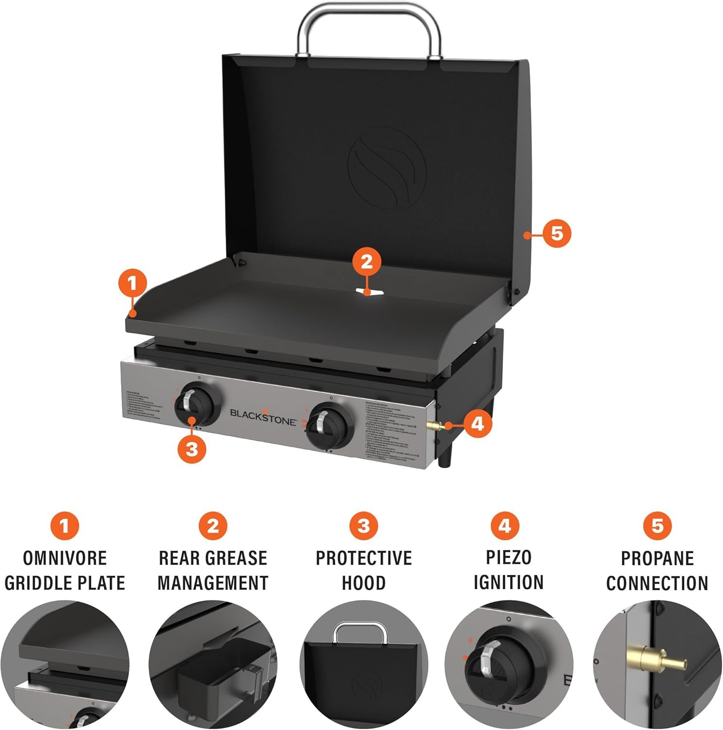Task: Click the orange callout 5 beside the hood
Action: (557, 234)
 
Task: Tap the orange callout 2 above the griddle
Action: (366, 262)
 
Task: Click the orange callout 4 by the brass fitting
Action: (477, 423)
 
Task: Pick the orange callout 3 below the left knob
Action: (192, 448)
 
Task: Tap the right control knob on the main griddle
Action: (327, 421)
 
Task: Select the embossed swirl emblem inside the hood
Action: (387, 168)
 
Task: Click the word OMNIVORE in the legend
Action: (65, 558)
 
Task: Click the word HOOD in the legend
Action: (363, 583)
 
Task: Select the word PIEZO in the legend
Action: (508, 558)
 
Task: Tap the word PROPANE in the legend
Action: (657, 558)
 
